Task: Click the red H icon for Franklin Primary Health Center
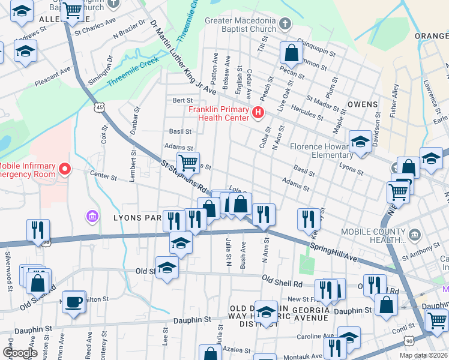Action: tap(258, 112)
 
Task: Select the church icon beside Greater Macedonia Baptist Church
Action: tap(285, 25)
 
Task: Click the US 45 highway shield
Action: tap(100, 107)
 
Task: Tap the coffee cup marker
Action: tap(74, 302)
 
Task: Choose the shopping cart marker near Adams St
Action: tap(188, 162)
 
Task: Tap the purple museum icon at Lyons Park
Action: tap(92, 216)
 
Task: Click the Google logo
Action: tap(20, 352)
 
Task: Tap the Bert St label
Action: tap(182, 100)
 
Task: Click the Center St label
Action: tap(103, 177)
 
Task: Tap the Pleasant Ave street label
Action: tap(52, 78)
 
